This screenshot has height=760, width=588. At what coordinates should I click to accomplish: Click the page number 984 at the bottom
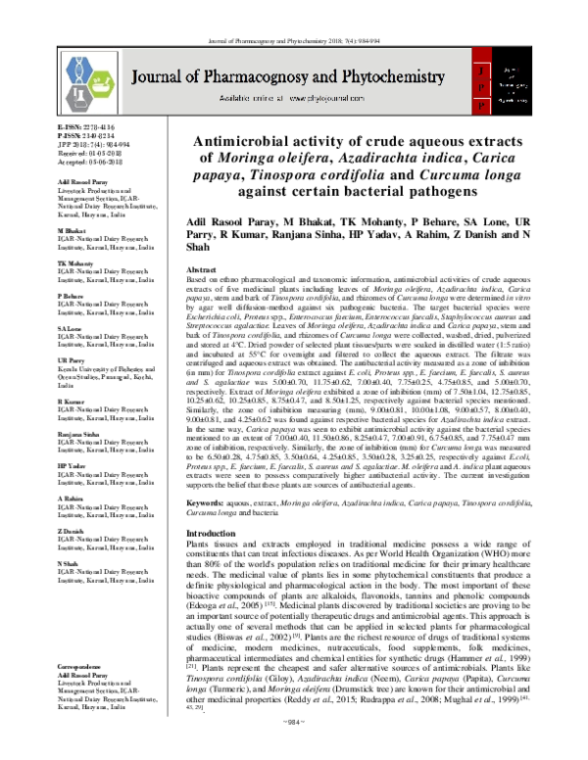coord(294,748)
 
